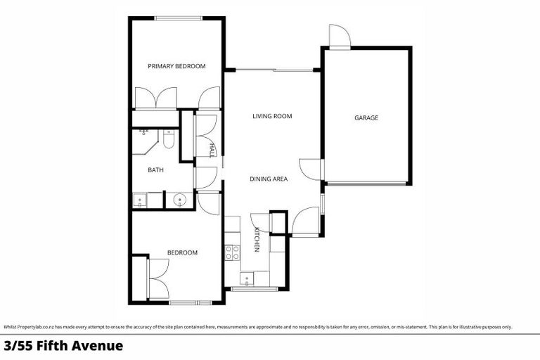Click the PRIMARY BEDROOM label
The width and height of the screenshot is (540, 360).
176,66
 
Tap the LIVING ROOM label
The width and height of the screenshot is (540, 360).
272,116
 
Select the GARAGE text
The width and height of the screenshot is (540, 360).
366,117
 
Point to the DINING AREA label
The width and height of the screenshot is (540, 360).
269,179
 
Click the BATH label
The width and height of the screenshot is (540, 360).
155,170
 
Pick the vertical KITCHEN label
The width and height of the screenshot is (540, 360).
257,240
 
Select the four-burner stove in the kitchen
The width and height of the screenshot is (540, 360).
233,252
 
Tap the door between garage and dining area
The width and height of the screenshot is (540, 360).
310,169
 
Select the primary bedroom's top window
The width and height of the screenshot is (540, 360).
176,18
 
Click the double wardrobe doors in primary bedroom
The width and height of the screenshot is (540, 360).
155,98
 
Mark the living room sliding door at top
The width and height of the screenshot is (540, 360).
274,70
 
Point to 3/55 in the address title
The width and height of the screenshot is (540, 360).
18,346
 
